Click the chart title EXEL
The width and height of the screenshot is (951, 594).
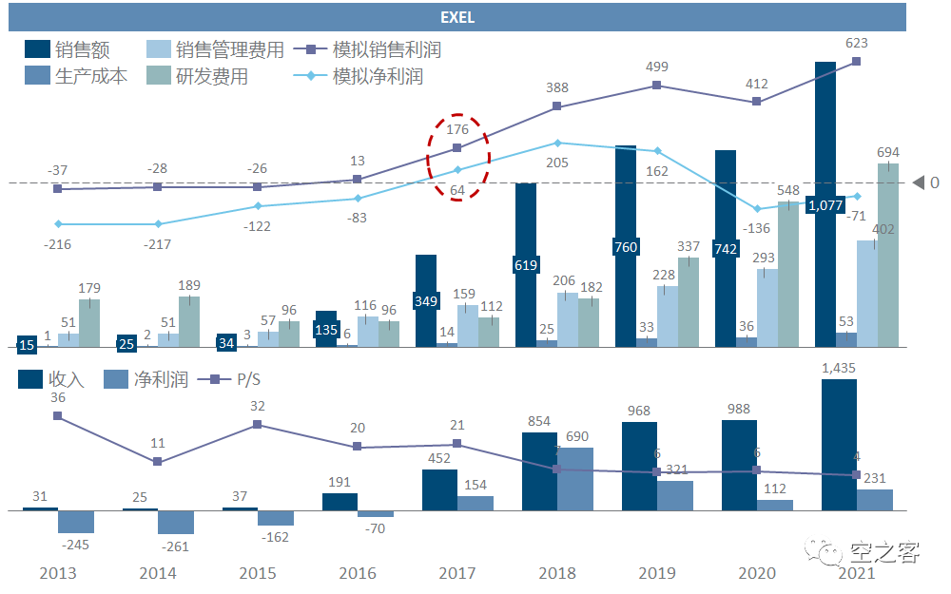(457, 17)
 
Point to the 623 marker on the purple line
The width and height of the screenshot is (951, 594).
(857, 61)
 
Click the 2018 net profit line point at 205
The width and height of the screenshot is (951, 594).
(556, 144)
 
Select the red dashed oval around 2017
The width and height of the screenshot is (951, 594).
(457, 159)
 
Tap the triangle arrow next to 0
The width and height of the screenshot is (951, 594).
(918, 182)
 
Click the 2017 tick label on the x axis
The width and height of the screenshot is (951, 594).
(457, 573)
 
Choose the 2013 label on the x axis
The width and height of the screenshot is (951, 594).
(57, 573)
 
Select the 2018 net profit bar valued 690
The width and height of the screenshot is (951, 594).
(574, 479)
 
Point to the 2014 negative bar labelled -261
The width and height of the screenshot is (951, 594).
(176, 522)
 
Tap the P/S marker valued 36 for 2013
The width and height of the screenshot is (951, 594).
(58, 415)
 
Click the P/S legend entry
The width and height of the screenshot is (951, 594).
(229, 379)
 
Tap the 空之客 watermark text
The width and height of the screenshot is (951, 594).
(884, 551)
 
